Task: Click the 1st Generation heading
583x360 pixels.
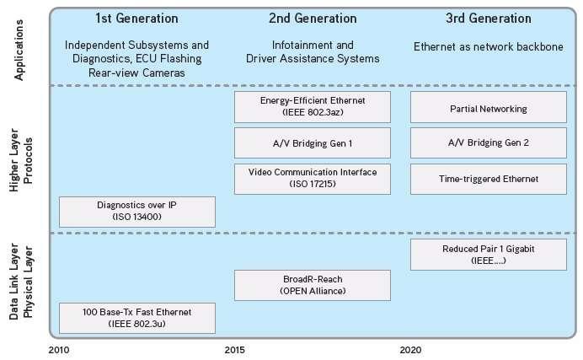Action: pyautogui.click(x=136, y=18)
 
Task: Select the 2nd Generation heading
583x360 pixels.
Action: pyautogui.click(x=313, y=18)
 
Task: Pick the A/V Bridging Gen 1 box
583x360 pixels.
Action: pyautogui.click(x=313, y=142)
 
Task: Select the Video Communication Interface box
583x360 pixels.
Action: pyautogui.click(x=313, y=178)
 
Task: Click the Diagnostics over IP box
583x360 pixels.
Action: pyautogui.click(x=136, y=211)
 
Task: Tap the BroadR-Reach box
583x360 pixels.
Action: pyautogui.click(x=313, y=285)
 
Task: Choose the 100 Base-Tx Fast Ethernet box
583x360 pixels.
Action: pyautogui.click(x=136, y=318)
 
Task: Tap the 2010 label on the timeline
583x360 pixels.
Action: pyautogui.click(x=58, y=349)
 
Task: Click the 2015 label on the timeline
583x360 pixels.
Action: pyautogui.click(x=235, y=349)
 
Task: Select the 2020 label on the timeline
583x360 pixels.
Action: pyautogui.click(x=411, y=349)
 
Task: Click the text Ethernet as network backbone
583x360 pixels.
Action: pyautogui.click(x=489, y=47)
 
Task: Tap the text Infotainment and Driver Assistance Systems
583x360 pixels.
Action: pyautogui.click(x=313, y=51)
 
